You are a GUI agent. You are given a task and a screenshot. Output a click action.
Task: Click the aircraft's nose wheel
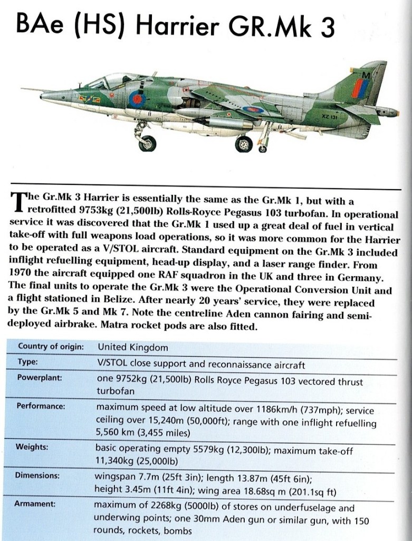(147, 143)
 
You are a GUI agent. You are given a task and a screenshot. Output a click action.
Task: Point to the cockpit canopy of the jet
(109, 81)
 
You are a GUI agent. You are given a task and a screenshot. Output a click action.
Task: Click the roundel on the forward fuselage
(138, 98)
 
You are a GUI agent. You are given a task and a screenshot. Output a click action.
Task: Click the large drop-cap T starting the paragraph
(16, 202)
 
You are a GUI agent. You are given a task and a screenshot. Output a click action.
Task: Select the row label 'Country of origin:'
(51, 347)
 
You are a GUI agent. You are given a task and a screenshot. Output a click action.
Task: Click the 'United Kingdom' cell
(133, 348)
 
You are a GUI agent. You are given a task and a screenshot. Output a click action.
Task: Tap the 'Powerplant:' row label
(40, 378)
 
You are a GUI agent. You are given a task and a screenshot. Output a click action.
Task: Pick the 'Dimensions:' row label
(37, 475)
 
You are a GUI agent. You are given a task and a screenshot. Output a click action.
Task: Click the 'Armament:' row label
(36, 504)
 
